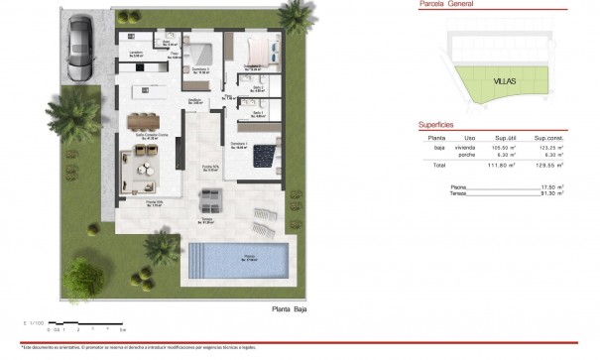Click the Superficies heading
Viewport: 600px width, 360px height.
(x=436, y=126)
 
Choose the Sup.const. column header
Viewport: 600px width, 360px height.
(x=548, y=138)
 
